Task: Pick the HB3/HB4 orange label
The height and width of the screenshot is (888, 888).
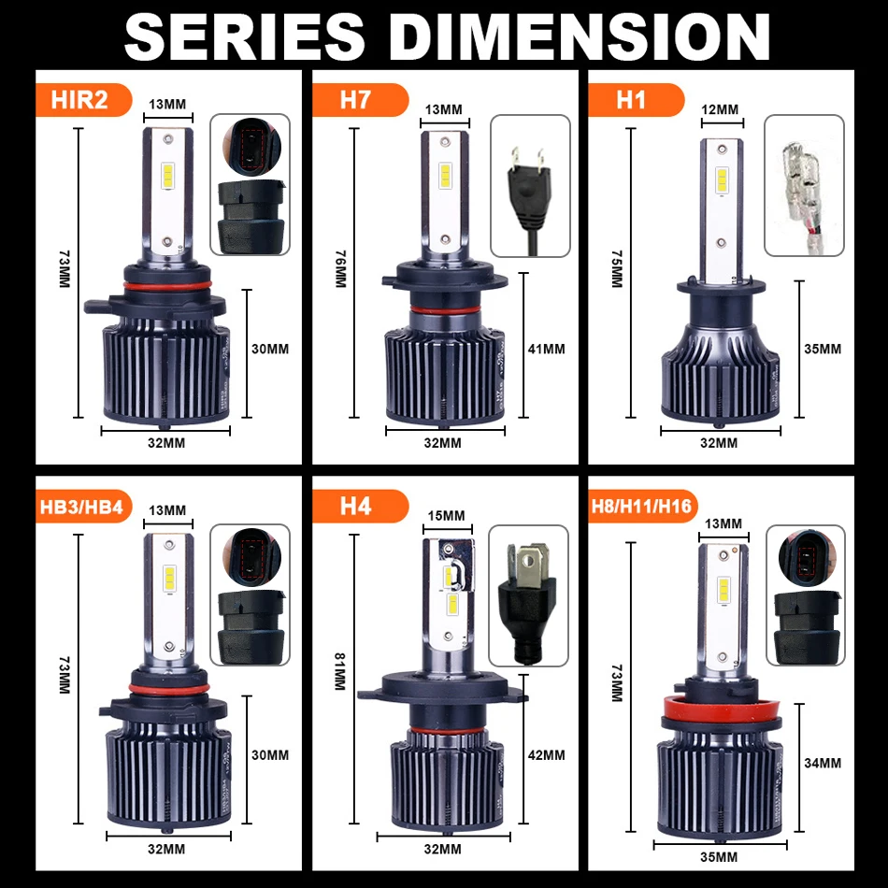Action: click(87, 507)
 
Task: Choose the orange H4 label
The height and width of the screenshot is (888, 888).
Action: click(355, 507)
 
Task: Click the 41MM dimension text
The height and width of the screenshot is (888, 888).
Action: click(546, 349)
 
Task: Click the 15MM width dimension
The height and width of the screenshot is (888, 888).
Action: click(446, 516)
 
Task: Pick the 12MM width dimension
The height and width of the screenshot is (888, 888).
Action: click(720, 109)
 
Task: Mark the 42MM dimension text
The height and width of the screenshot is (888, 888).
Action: click(546, 754)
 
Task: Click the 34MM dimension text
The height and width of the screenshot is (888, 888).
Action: click(823, 763)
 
